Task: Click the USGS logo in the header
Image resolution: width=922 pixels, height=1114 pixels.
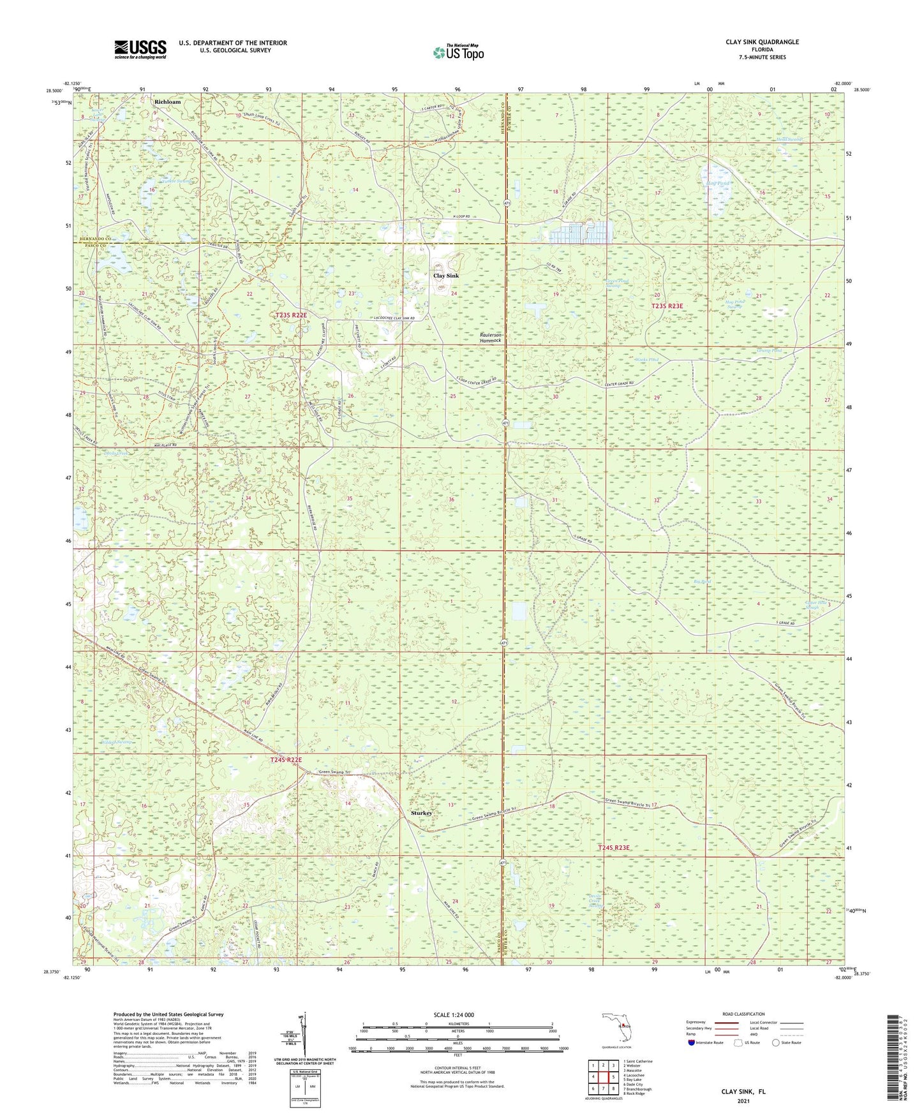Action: point(140,49)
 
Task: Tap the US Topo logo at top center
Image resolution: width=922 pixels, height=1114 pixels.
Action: point(457,52)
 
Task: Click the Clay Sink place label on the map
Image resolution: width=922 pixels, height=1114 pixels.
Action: point(446,276)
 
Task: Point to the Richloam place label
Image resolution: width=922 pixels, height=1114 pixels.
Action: point(168,101)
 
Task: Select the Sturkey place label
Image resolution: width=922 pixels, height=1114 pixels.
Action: point(421,813)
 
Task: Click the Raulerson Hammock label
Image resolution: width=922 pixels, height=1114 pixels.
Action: point(491,338)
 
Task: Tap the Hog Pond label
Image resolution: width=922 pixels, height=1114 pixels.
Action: point(718,184)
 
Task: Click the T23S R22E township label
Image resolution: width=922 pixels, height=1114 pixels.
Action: point(292,315)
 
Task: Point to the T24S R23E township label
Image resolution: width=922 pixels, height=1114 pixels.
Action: point(614,847)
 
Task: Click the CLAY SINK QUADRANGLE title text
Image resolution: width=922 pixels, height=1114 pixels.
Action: point(762,42)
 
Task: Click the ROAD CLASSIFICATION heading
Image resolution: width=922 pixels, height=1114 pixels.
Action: point(743,1014)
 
